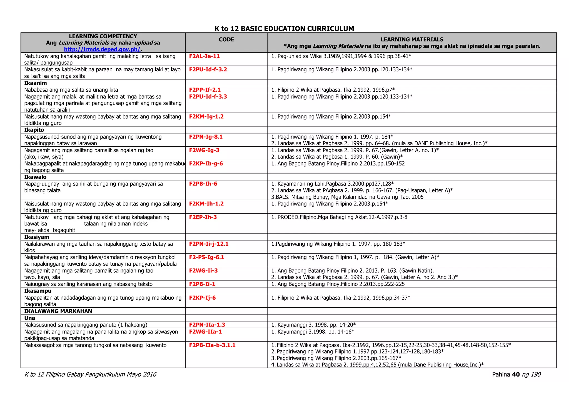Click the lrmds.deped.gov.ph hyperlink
pos(102,49)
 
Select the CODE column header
pos(226,39)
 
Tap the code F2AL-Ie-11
pos(204,56)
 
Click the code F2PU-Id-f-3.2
pos(208,69)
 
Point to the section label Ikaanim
pos(36,83)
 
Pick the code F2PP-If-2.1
pos(205,90)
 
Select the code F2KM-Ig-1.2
pos(206,117)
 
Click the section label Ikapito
pos(34,130)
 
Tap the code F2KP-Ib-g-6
pos(206,164)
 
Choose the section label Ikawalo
pos(35,177)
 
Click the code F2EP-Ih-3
pos(203,217)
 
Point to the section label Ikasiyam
pos(37,237)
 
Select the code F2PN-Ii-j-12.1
pos(209,244)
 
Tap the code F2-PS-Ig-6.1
pos(206,257)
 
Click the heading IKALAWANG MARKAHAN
pos(58,311)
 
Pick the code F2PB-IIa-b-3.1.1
pos(212,345)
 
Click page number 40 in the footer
pos(516,375)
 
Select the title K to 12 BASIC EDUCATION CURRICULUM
pos(284,29)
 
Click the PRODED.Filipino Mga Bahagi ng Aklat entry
pos(339,217)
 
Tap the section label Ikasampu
pos(38,291)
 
